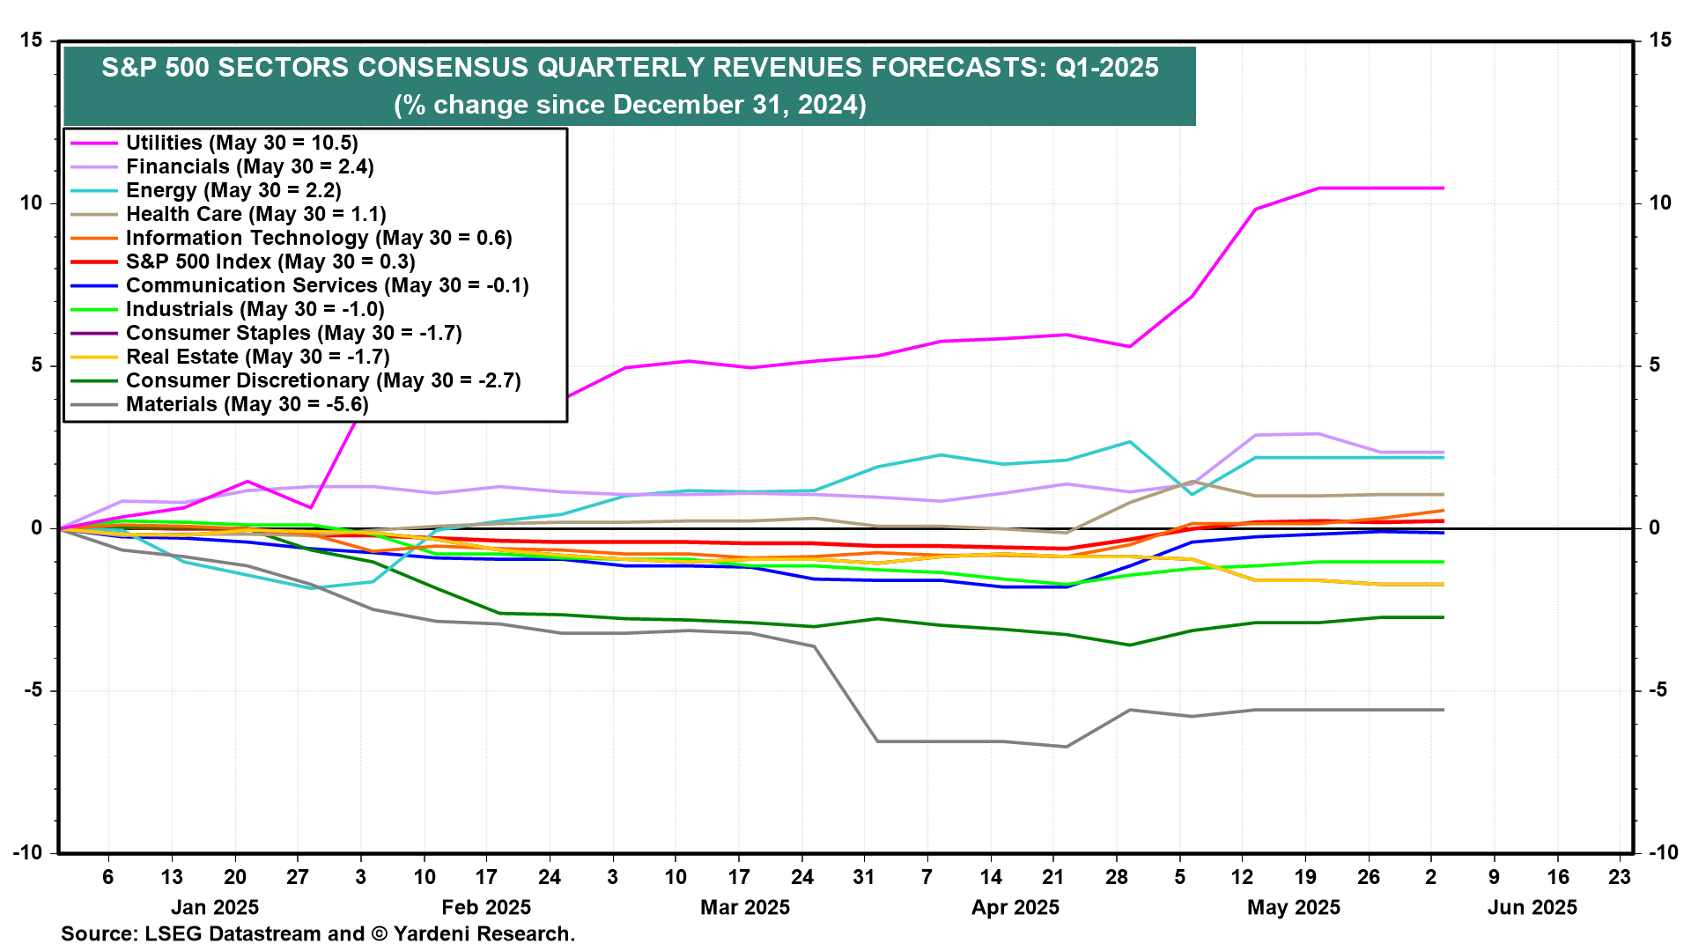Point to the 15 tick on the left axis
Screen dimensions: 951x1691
32,41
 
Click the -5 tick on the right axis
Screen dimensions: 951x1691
1658,690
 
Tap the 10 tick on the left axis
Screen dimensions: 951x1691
32,203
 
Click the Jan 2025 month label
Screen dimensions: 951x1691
215,908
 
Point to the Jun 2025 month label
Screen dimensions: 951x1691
1532,908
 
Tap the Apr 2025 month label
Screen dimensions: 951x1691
1015,908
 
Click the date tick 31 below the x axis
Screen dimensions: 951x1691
864,877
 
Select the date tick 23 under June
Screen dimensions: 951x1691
1620,877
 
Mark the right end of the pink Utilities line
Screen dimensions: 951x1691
1443,188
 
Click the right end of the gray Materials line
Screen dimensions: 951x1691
1443,710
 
